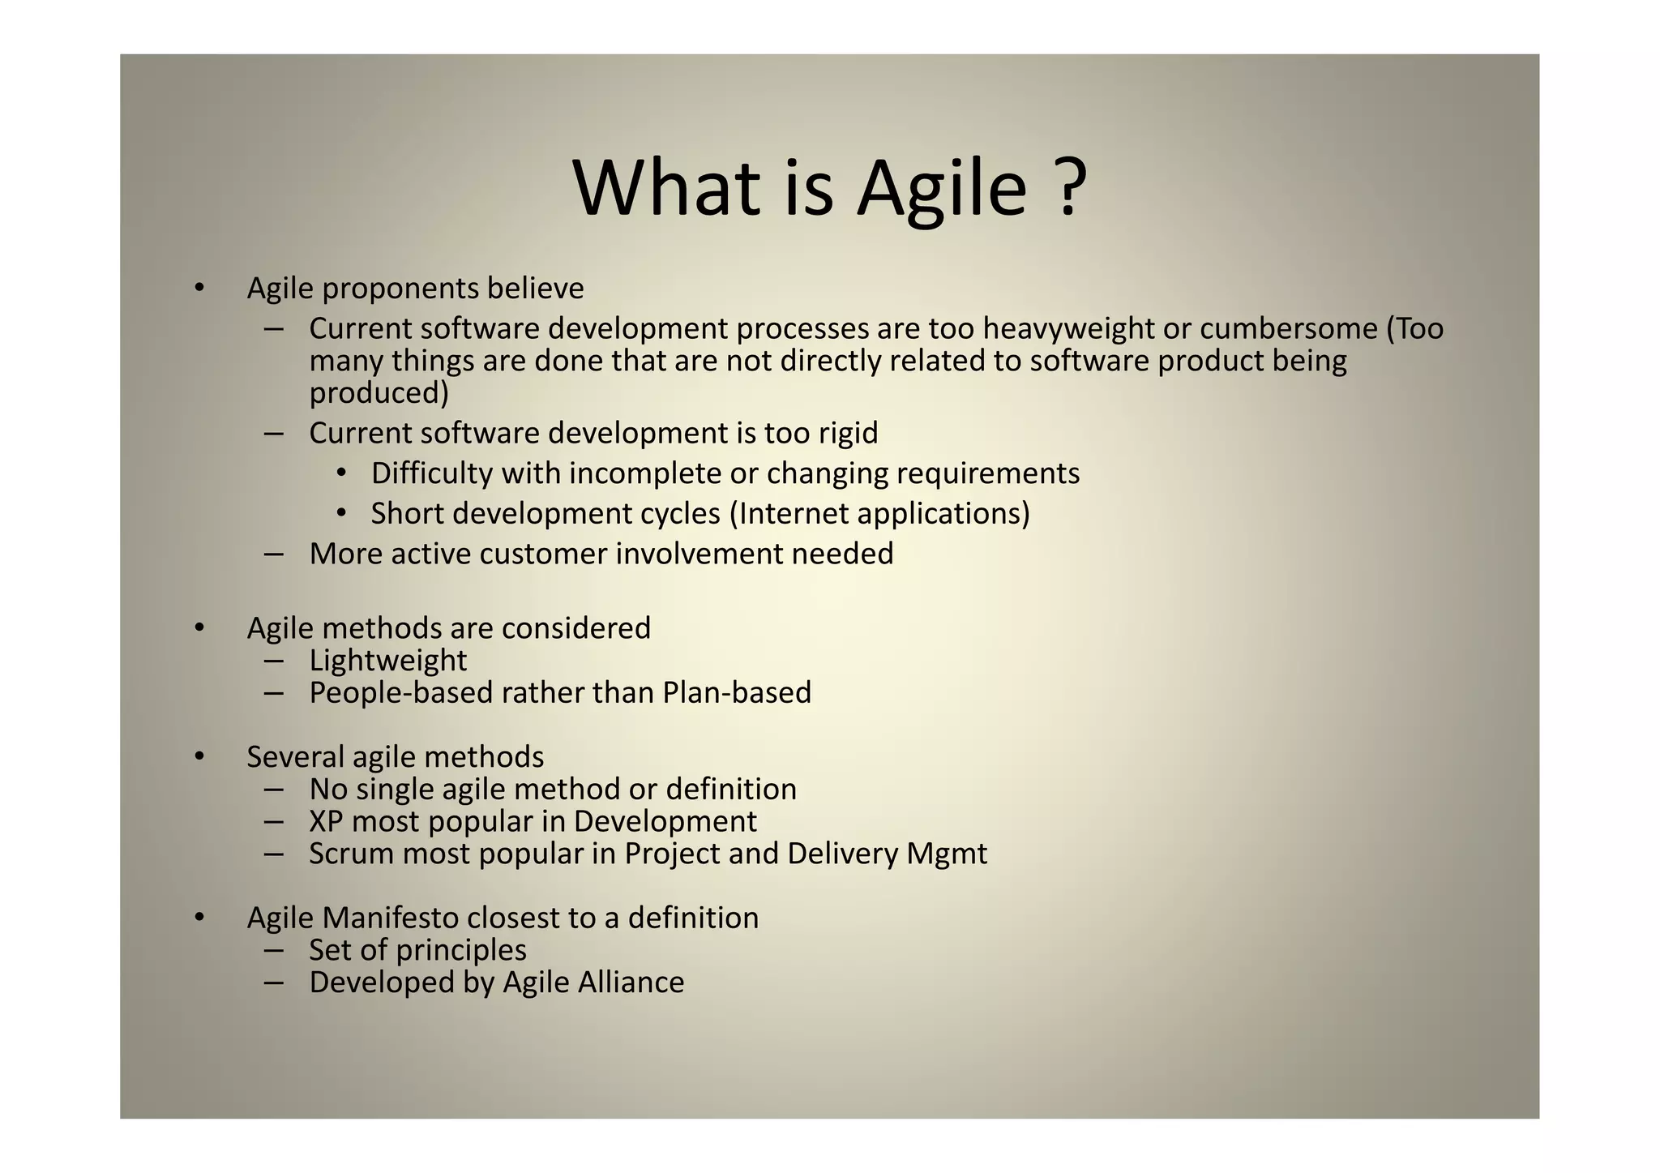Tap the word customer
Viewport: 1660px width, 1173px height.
point(542,554)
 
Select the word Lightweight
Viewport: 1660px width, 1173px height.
point(387,661)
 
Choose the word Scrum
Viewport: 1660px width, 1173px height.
point(350,854)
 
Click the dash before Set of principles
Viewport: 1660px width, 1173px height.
point(273,949)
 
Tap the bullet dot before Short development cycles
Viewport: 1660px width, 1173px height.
point(342,514)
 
